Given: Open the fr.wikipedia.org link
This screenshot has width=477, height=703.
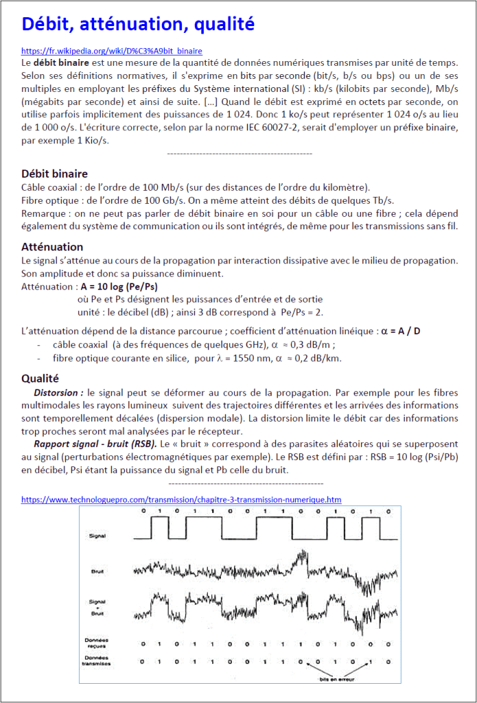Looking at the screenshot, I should [x=112, y=51].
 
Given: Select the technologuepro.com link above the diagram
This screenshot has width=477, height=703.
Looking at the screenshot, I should [x=181, y=500].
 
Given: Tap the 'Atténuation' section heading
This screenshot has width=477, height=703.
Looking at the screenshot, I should [x=52, y=246].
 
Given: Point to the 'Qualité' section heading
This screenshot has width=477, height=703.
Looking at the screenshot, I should [x=40, y=378].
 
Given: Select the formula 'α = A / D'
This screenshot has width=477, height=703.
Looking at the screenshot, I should [x=399, y=331].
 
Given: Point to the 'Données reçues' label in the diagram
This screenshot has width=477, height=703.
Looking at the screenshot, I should [x=97, y=643].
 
